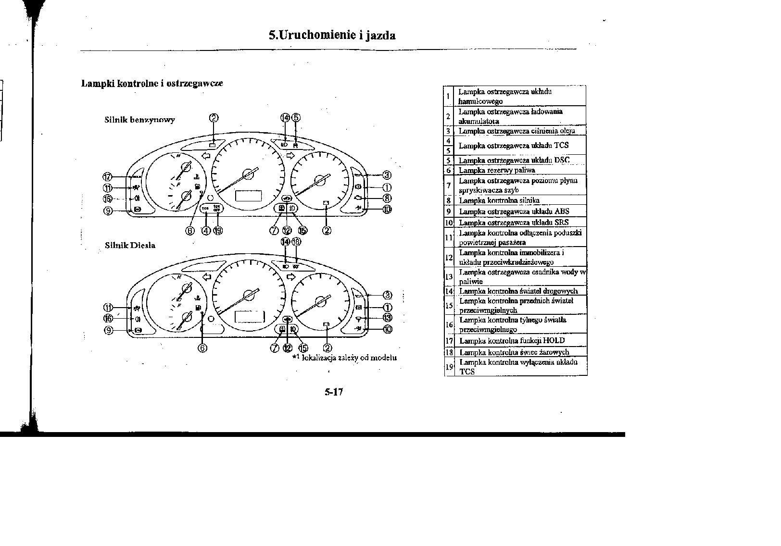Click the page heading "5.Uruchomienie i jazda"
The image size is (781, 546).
332,35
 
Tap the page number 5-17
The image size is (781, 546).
333,392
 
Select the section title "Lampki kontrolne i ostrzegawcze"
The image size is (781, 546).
152,83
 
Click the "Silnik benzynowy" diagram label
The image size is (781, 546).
139,120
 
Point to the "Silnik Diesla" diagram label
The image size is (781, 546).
130,245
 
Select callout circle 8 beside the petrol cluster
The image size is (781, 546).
387,198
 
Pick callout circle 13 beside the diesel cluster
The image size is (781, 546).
387,317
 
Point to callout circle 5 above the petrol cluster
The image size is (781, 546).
296,117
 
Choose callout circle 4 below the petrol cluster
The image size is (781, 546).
206,230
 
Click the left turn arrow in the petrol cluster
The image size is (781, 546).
207,155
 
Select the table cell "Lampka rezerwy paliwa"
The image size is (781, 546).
497,170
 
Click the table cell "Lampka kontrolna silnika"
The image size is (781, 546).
499,200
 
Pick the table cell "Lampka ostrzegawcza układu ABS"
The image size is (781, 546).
514,211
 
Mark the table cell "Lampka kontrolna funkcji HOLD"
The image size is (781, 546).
512,341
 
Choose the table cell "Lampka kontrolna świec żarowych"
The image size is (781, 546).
514,352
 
